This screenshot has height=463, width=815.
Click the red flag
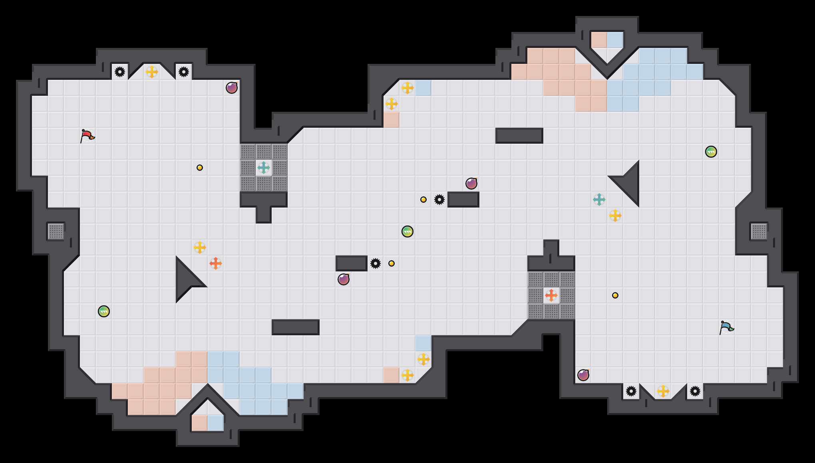coord(87,136)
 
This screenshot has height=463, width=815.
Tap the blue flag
coord(726,327)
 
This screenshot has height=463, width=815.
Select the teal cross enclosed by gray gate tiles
coord(264,168)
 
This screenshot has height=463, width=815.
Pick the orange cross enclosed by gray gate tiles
coord(551,295)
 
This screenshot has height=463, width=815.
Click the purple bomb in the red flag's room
coord(232,88)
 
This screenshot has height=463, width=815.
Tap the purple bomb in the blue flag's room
coord(583,375)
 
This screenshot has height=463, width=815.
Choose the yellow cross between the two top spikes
coord(152,72)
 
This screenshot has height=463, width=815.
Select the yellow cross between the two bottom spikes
coord(663,391)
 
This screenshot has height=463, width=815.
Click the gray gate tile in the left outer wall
coord(56,231)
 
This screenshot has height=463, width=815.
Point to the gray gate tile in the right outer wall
coord(759,231)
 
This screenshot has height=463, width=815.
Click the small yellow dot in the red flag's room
coord(200,168)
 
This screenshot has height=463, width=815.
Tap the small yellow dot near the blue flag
coord(615,295)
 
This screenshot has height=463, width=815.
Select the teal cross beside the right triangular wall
coord(599,200)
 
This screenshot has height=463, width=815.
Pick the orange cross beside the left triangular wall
coord(216,263)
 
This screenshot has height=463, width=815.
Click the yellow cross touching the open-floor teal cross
coord(615,216)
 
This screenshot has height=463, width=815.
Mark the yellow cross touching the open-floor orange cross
coord(200,247)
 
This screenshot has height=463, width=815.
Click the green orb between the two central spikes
coord(407,231)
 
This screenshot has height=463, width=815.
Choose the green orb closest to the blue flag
coord(711,152)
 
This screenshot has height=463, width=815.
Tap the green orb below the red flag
coord(104,311)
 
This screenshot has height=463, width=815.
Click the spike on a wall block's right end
coord(376,263)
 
